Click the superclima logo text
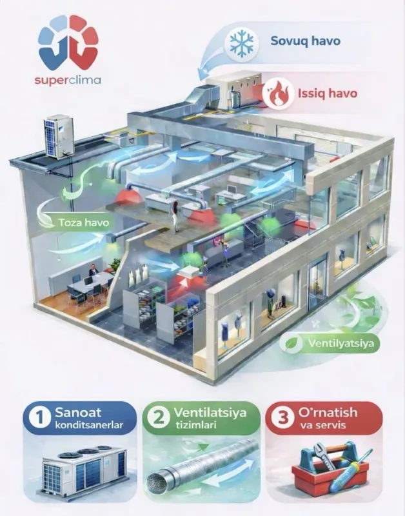coord(68,80)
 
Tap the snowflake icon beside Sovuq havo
coord(242,41)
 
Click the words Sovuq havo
coord(305,41)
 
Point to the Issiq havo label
coord(328,94)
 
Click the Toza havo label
coord(84,223)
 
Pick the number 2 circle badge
coord(159,419)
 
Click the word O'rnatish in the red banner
coord(328,412)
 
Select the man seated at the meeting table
coord(93,271)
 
